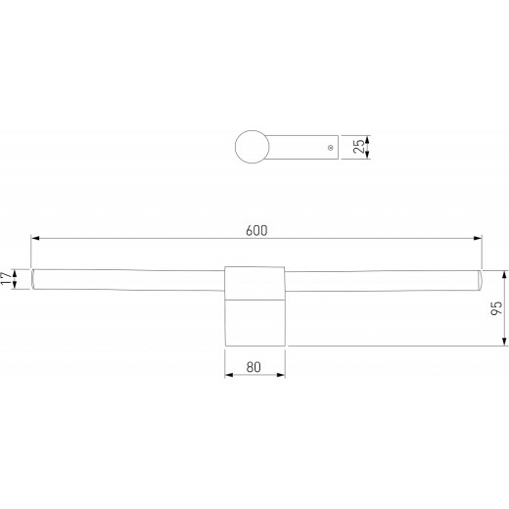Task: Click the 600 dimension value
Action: (256, 229)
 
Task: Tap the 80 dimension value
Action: (254, 367)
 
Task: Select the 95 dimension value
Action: (497, 307)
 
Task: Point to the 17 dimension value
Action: (9, 280)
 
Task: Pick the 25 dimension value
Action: (359, 147)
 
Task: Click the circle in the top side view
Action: (254, 147)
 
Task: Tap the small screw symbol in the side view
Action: (330, 147)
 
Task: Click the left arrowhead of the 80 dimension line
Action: (229, 377)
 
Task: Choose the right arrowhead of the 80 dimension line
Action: (281, 377)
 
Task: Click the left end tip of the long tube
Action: (32, 280)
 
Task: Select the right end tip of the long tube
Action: (482, 280)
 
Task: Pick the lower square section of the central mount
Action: (254, 322)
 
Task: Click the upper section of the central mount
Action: (254, 281)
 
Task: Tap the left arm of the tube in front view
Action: (127, 280)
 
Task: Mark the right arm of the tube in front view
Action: (382, 280)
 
